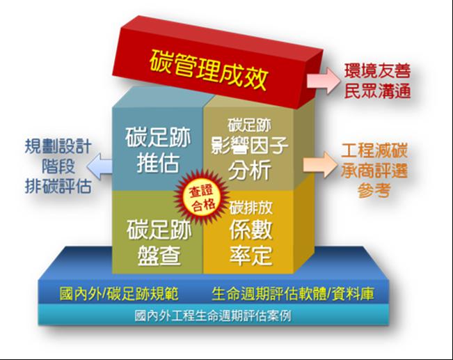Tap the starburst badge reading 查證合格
point(201,196)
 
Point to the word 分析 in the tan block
point(249,169)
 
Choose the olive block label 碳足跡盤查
point(159,242)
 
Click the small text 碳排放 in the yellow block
point(251,208)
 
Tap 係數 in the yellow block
point(251,230)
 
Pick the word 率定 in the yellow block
point(251,255)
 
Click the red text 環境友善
point(377,71)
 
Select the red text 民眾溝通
point(377,91)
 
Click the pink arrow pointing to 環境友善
point(324,80)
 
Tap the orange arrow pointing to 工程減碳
point(320,164)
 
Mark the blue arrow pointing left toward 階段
point(100,166)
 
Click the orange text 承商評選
point(374,171)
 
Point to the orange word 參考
point(374,190)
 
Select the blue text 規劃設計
point(58,146)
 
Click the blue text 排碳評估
point(58,186)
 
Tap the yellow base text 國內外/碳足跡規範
point(119,294)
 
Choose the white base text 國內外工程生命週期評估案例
point(213,315)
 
